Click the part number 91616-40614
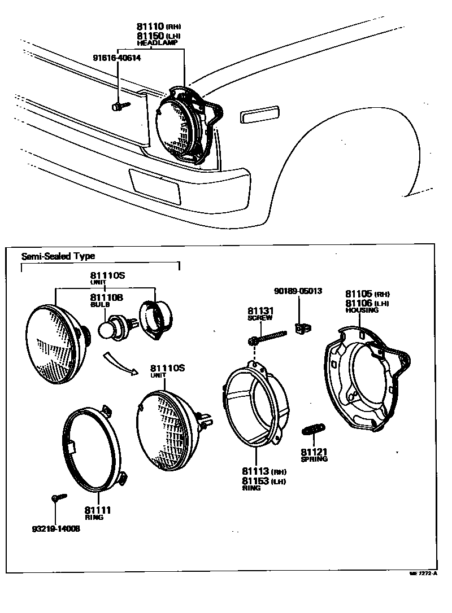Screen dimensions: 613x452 click(117, 58)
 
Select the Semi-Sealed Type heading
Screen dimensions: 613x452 click(58, 256)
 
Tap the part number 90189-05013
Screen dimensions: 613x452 click(298, 291)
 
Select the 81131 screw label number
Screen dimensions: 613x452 click(259, 311)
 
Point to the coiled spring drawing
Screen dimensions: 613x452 click(312, 429)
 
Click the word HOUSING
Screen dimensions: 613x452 click(362, 310)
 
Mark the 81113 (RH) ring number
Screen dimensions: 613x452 click(256, 471)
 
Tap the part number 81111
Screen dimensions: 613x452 click(98, 510)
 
